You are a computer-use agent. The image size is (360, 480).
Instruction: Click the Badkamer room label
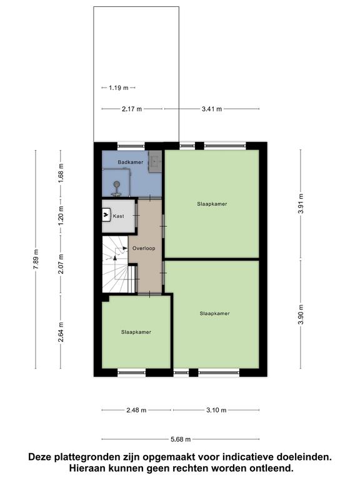131,162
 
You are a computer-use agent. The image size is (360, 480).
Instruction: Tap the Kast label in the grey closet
119,216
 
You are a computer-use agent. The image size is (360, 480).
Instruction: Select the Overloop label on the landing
144,248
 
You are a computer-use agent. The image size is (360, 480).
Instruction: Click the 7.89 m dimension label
36,259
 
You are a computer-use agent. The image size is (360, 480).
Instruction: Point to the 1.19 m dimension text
119,88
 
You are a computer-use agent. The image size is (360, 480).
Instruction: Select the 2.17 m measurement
132,109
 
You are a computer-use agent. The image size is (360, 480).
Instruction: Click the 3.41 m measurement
212,109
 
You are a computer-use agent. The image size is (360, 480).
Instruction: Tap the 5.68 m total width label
181,439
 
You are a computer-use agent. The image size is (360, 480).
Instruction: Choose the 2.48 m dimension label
136,410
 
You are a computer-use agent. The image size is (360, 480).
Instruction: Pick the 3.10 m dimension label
216,410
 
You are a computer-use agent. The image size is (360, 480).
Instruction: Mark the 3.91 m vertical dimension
301,204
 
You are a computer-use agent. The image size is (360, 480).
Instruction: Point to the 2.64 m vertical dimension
61,332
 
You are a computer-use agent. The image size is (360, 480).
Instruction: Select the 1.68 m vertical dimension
61,174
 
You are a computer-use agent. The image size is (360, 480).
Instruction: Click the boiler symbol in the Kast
106,215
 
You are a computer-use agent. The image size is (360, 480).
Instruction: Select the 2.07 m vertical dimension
61,264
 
